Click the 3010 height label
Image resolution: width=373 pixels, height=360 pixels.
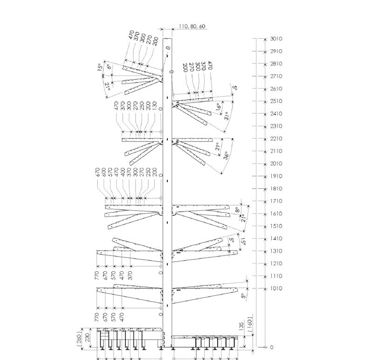tap(276, 39)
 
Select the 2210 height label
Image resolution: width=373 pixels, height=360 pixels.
tap(276, 138)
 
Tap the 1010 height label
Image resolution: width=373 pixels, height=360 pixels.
tap(276, 288)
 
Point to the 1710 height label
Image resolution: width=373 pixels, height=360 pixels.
tap(276, 201)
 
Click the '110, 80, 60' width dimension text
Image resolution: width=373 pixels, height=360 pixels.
tap(192, 26)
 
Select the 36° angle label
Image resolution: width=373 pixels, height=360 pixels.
tap(226, 155)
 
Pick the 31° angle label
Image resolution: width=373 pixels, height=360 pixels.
tap(226, 116)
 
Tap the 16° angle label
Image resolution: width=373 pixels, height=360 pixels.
tap(219, 107)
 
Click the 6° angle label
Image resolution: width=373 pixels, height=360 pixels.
tap(109, 67)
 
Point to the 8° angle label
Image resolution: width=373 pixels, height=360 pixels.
tap(237, 210)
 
